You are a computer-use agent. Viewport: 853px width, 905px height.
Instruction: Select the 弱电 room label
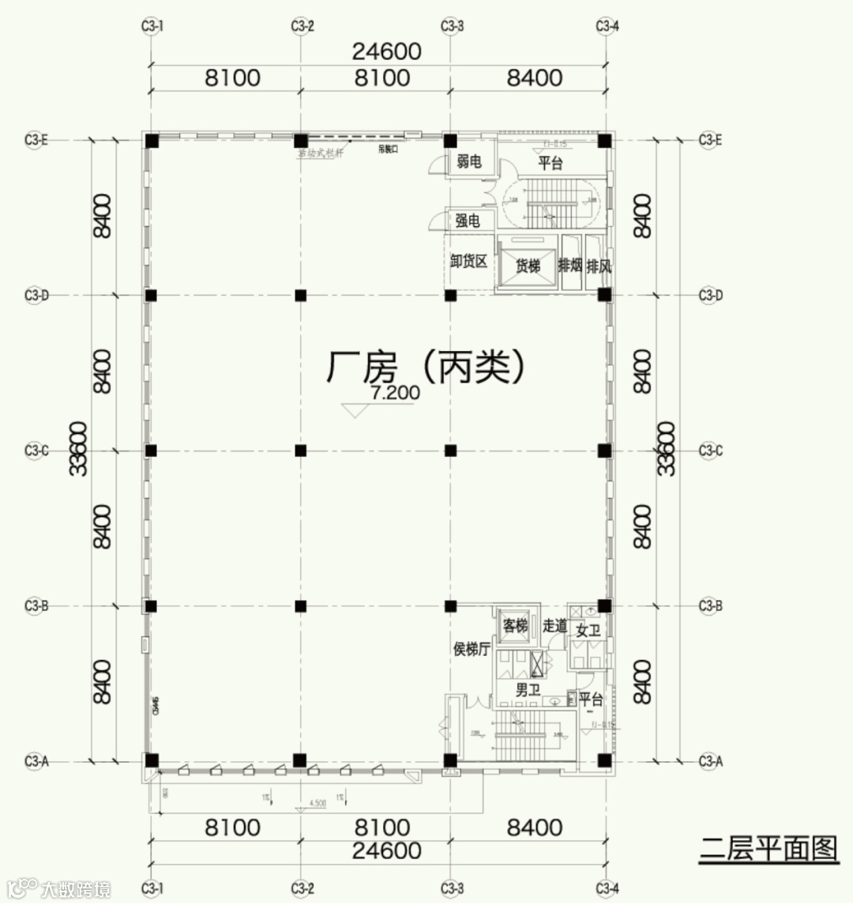point(468,162)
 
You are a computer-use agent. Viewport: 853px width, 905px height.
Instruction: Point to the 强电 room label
point(468,221)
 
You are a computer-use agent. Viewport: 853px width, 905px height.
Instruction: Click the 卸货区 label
point(468,262)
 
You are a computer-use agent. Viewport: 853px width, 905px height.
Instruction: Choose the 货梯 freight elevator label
point(528,266)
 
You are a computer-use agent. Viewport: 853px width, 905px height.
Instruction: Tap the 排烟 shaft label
point(569,266)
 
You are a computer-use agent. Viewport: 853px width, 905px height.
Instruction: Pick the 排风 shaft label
point(599,266)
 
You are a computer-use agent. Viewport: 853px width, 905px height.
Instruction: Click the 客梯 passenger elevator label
point(515,626)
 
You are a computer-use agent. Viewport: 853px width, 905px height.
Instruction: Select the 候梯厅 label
point(472,650)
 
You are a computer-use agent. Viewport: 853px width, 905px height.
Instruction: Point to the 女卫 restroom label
point(588,631)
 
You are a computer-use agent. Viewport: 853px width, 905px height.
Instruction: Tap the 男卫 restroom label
point(528,691)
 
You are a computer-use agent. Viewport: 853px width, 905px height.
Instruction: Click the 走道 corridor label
point(554,626)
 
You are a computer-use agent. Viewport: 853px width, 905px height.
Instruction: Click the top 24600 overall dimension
point(387,51)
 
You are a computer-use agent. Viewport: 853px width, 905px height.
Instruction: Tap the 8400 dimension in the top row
point(535,77)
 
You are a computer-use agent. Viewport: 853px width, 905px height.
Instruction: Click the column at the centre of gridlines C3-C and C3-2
point(300,451)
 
